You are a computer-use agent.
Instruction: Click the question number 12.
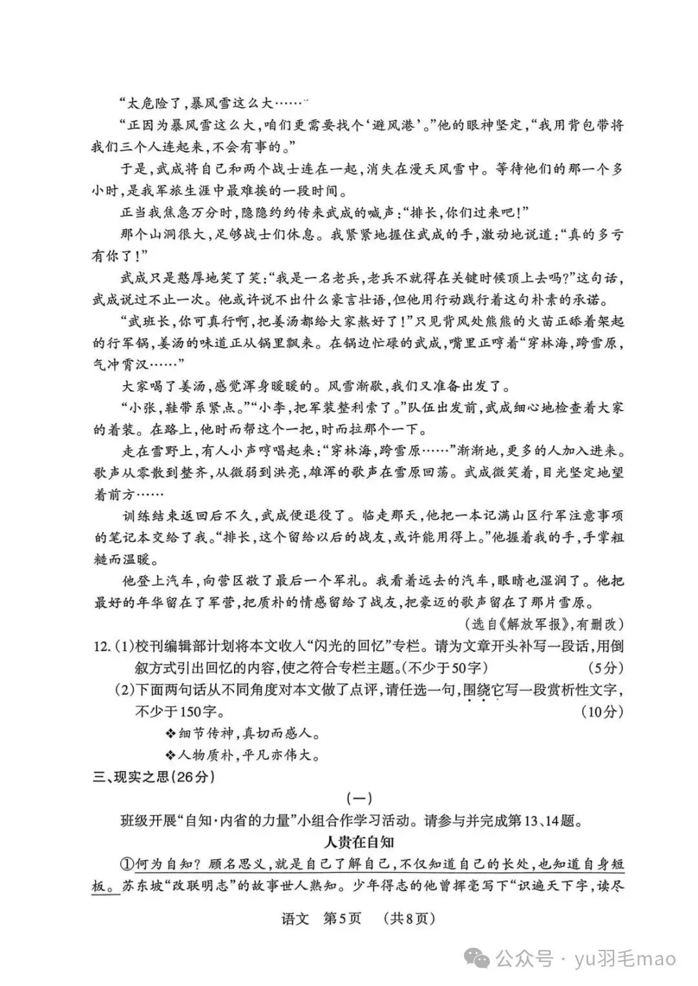point(102,646)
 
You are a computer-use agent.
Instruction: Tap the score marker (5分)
point(606,666)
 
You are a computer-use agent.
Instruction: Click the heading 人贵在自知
point(358,841)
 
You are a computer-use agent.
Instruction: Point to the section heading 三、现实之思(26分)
point(153,776)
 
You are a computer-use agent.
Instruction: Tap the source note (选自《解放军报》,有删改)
point(544,624)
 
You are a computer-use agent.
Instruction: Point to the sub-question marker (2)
point(123,690)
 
